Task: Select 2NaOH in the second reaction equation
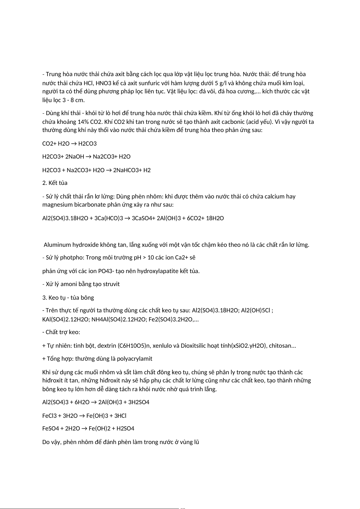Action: click(x=75, y=157)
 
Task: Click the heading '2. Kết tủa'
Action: click(x=55, y=183)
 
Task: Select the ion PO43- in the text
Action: click(x=107, y=271)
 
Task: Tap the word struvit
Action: click(x=111, y=284)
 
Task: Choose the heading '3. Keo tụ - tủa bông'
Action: click(x=68, y=298)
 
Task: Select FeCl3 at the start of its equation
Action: click(x=52, y=416)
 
